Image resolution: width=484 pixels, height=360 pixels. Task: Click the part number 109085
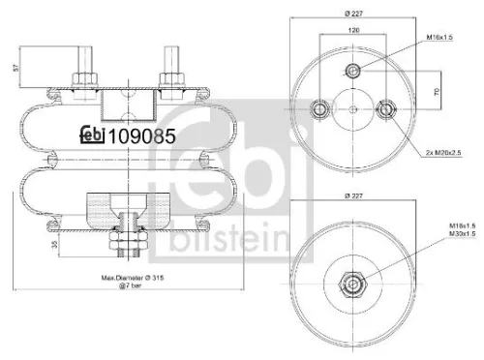pyautogui.click(x=142, y=136)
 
